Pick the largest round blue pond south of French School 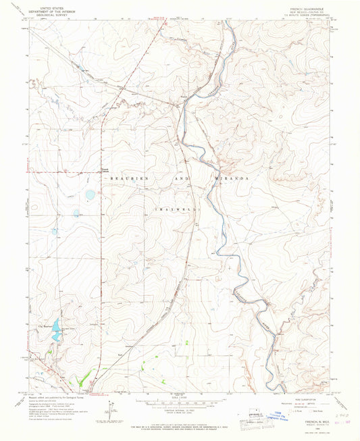tap(90, 195)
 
